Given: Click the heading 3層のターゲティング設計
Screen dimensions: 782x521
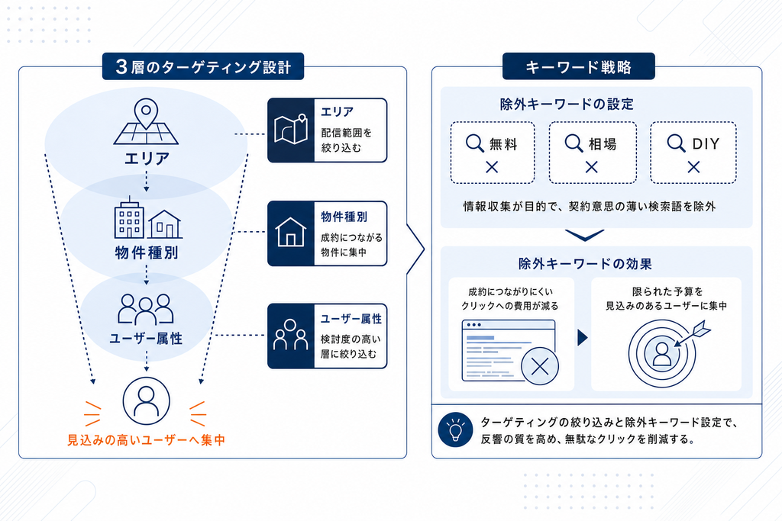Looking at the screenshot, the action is (203, 66).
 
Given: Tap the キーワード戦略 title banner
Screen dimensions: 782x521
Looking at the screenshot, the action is (579, 66).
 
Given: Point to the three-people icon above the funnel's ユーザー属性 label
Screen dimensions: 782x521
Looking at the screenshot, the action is (146, 309).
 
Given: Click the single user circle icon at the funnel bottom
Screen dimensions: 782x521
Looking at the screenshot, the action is (146, 401).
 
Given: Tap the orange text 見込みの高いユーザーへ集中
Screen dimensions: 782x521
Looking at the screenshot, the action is (146, 440).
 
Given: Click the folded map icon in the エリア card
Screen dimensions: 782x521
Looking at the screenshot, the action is (291, 130).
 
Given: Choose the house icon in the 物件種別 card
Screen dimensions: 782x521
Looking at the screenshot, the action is (291, 232).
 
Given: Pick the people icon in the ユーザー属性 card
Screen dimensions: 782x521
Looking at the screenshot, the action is (291, 335).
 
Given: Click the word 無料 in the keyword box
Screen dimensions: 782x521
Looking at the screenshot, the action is (503, 144).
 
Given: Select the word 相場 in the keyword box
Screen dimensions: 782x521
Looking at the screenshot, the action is (603, 144).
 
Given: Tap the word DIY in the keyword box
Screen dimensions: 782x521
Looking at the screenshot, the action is (706, 144).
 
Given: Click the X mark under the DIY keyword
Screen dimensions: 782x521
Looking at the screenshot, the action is (693, 167).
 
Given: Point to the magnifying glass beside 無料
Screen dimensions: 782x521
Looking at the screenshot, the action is (475, 143).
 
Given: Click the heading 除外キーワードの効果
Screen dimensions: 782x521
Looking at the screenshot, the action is (585, 263).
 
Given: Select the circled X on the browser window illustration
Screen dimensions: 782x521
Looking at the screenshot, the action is (540, 366).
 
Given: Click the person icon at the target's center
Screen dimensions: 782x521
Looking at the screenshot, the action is (662, 354).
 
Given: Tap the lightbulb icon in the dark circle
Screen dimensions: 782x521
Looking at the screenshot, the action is (455, 429).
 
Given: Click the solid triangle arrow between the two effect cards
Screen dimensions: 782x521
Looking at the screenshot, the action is (583, 337).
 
